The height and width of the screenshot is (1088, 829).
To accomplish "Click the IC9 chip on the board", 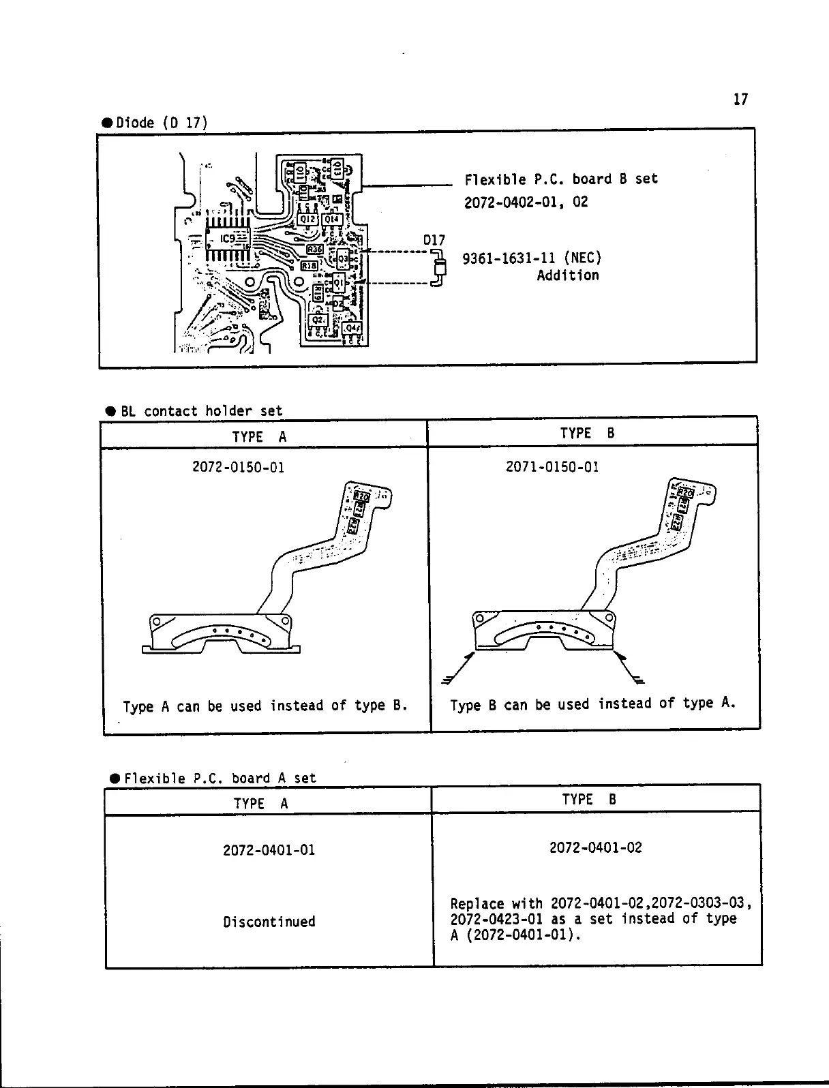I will pyautogui.click(x=228, y=239).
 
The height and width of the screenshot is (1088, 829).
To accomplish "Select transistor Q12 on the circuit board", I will pyautogui.click(x=307, y=220).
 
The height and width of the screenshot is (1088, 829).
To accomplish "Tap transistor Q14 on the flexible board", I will pyautogui.click(x=331, y=220).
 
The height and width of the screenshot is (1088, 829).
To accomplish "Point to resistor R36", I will pyautogui.click(x=314, y=250).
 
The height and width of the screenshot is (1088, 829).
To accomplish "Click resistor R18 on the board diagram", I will pyautogui.click(x=309, y=265).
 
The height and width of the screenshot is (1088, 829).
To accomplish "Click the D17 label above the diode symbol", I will pyautogui.click(x=434, y=241).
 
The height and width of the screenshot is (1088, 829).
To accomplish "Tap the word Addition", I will pyautogui.click(x=567, y=275).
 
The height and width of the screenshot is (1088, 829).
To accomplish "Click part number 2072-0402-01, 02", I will pyautogui.click(x=526, y=202).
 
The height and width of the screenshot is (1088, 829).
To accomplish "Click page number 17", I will pyautogui.click(x=740, y=100).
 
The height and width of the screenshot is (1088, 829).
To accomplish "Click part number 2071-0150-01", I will pyautogui.click(x=552, y=467).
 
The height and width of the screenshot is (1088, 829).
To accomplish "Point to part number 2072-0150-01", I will pyautogui.click(x=238, y=468).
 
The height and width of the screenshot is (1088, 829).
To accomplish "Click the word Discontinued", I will pyautogui.click(x=269, y=922).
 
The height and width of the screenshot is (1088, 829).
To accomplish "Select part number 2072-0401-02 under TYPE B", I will pyautogui.click(x=595, y=848).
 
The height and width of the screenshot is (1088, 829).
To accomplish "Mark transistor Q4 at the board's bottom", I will pyautogui.click(x=352, y=329).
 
